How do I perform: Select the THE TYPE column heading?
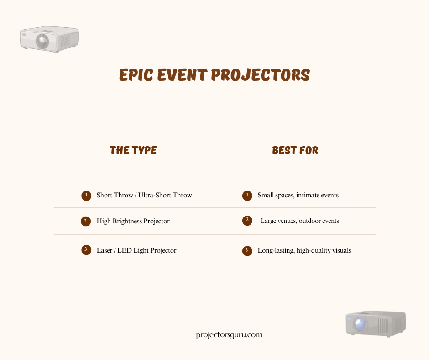pyautogui.click(x=133, y=150)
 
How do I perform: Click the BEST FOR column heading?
pyautogui.click(x=295, y=150)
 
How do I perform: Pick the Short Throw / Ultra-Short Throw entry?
pyautogui.click(x=144, y=195)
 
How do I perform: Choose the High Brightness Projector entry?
pyautogui.click(x=133, y=221)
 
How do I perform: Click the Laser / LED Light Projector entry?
pyautogui.click(x=136, y=250)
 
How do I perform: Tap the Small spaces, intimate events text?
pyautogui.click(x=298, y=195)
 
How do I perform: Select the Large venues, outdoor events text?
pyautogui.click(x=299, y=221)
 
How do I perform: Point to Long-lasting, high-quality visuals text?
pyautogui.click(x=304, y=250)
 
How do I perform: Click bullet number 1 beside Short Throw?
pyautogui.click(x=86, y=196)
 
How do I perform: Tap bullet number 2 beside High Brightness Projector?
pyautogui.click(x=86, y=221)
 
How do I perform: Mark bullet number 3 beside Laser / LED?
pyautogui.click(x=86, y=249)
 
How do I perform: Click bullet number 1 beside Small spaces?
pyautogui.click(x=247, y=196)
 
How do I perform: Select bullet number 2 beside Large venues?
pyautogui.click(x=247, y=221)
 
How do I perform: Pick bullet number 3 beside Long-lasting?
pyautogui.click(x=247, y=251)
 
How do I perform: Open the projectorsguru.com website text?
pyautogui.click(x=229, y=334)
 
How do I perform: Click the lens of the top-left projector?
pyautogui.click(x=42, y=41)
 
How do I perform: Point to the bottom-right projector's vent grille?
pyautogui.click(x=382, y=326)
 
